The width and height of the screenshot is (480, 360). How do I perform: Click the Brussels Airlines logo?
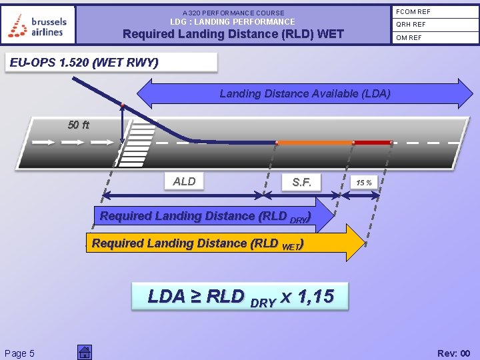[38, 25]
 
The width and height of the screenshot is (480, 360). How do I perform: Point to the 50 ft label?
[78, 125]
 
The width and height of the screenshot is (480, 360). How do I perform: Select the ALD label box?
[185, 181]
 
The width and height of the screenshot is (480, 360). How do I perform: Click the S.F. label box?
[301, 182]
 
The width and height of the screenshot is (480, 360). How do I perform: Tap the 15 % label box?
[364, 182]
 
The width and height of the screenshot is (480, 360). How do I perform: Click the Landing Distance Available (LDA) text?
[305, 93]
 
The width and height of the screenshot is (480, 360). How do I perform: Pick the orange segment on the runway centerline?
[315, 143]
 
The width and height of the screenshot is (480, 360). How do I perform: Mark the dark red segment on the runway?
[372, 143]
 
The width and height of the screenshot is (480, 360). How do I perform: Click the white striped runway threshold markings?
[133, 143]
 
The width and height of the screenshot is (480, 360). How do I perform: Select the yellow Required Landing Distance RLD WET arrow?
[220, 243]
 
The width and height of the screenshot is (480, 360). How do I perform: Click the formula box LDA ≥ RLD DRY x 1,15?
[241, 296]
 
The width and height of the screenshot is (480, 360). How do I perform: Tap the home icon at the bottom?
[84, 353]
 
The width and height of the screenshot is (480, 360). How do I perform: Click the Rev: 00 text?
[453, 353]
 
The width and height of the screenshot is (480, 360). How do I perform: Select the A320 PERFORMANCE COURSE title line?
[233, 13]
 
